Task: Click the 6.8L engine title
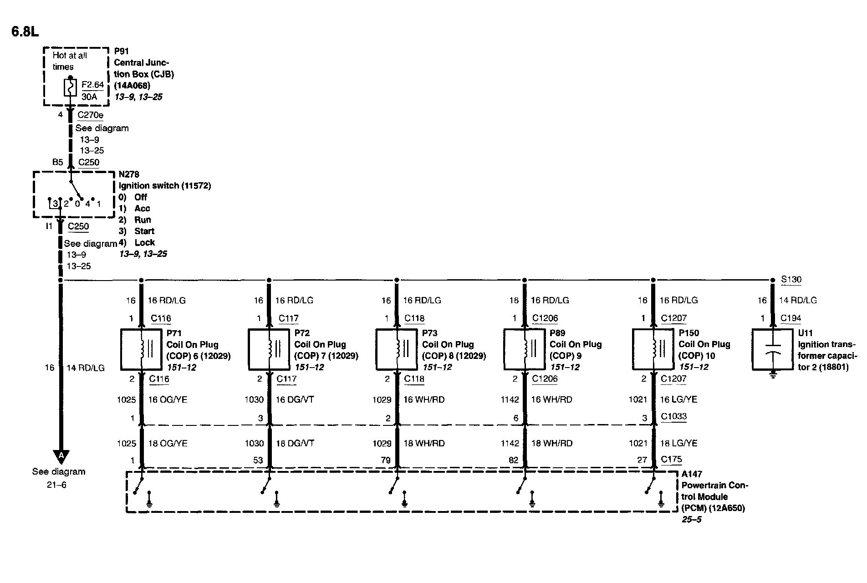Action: coord(25,32)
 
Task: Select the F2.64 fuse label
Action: coord(92,85)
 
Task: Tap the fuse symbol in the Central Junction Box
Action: coord(71,87)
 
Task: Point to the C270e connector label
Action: coord(90,115)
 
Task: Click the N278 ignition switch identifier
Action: coord(129,174)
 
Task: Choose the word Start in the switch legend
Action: coord(144,231)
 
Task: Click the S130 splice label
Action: coord(791,280)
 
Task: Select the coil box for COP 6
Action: coord(141,349)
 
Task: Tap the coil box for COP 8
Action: coord(396,349)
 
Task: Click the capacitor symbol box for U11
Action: coord(772,349)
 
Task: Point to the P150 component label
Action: coord(688,333)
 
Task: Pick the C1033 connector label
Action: coord(674,416)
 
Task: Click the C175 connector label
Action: coord(672,459)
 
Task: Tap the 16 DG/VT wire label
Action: coord(295,399)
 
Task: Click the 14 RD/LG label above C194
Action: coord(798,300)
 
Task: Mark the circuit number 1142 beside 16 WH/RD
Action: coord(510,399)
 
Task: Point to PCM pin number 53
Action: coord(258,460)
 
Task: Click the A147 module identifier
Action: coord(692,474)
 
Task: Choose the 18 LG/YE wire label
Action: coord(678,443)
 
